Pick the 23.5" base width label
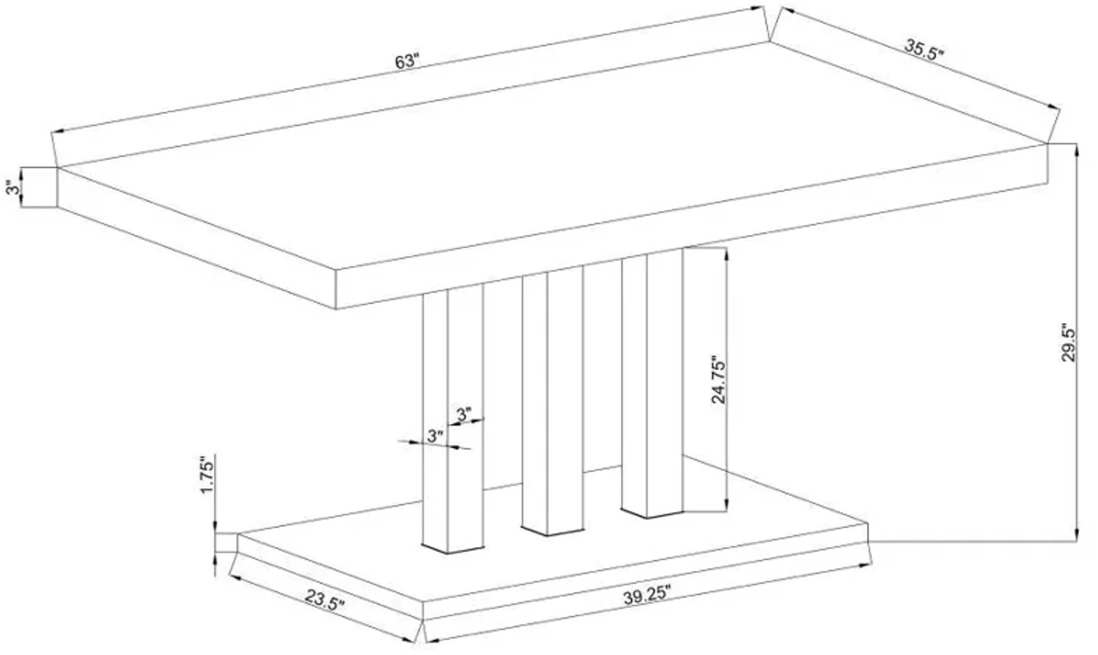click(325, 599)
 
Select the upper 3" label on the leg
click(464, 415)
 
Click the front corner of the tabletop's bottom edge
click(336, 308)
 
